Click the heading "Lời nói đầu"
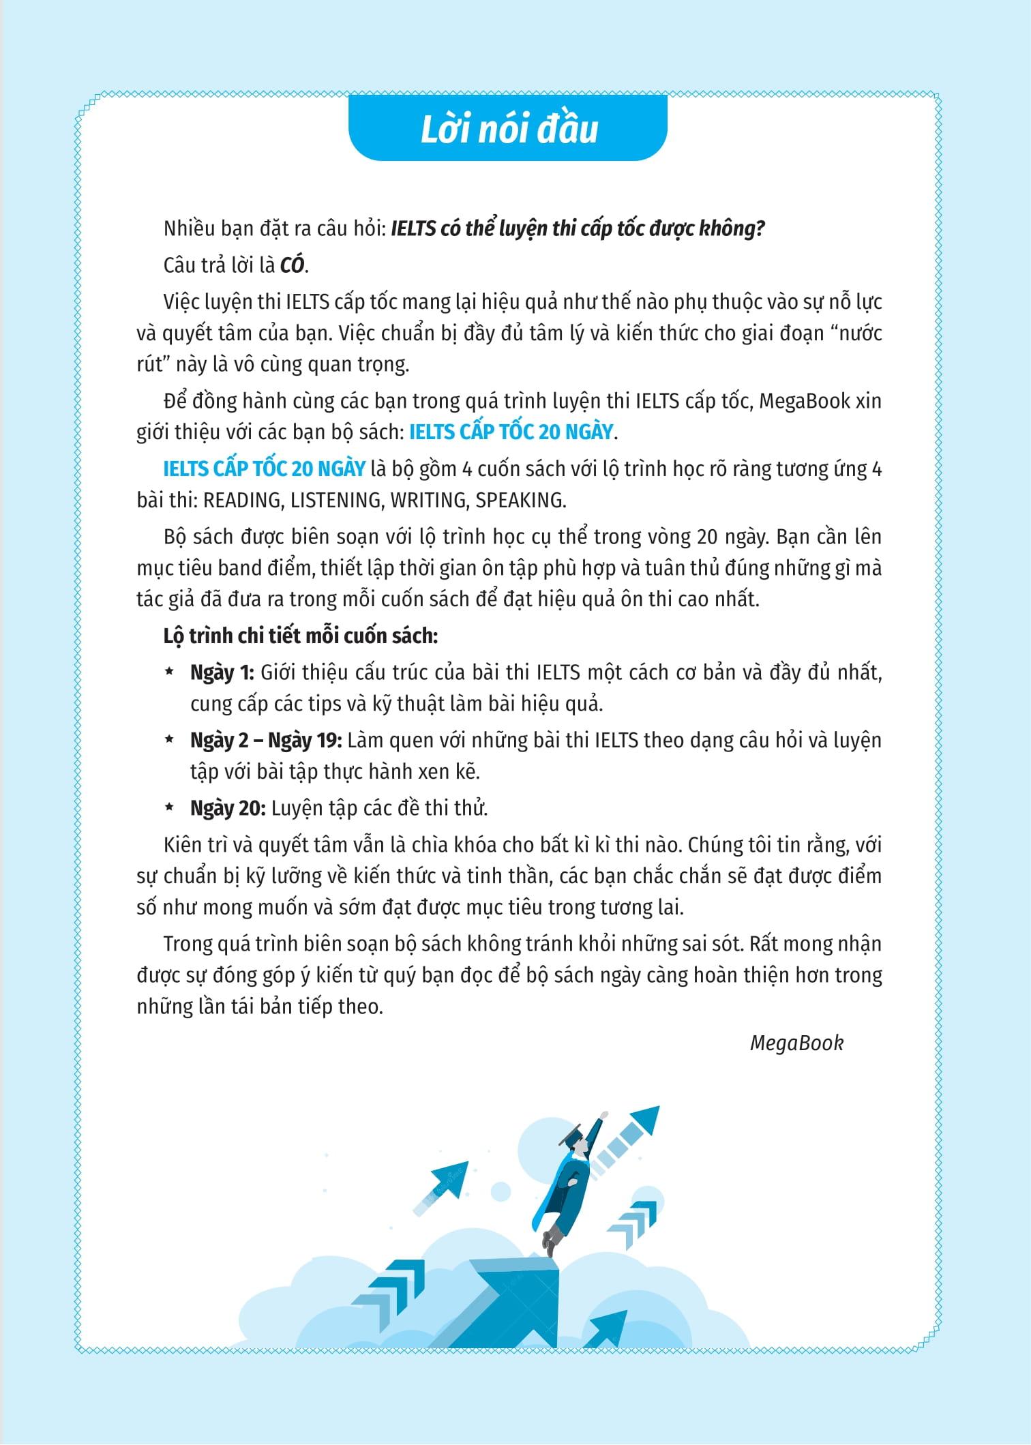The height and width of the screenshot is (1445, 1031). pyautogui.click(x=508, y=130)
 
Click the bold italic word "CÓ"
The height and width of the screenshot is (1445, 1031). pyautogui.click(x=293, y=265)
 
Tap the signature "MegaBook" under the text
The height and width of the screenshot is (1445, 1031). pyautogui.click(x=796, y=1043)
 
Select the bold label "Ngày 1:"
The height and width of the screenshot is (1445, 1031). pyautogui.click(x=222, y=672)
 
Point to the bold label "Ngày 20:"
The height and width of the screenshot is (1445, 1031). pyautogui.click(x=227, y=808)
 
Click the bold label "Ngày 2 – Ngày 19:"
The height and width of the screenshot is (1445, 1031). pyautogui.click(x=265, y=741)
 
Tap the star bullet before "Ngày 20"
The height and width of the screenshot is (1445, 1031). pyautogui.click(x=168, y=808)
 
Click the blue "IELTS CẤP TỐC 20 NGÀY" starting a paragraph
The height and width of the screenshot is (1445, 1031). pyautogui.click(x=265, y=469)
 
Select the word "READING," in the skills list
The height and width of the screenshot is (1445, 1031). pyautogui.click(x=243, y=500)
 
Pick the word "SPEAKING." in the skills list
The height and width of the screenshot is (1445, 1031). pyautogui.click(x=520, y=500)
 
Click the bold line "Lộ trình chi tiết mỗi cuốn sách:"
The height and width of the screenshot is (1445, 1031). pyautogui.click(x=300, y=636)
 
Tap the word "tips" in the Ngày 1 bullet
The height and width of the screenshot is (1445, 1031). pyautogui.click(x=340, y=704)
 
